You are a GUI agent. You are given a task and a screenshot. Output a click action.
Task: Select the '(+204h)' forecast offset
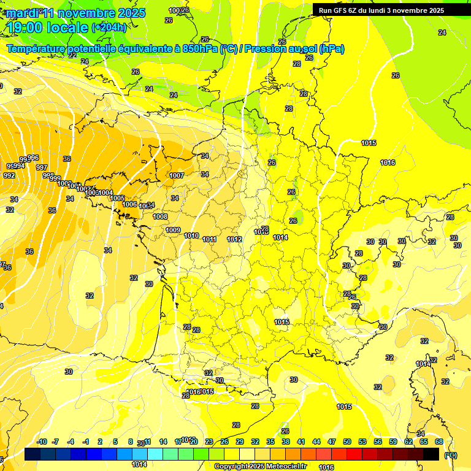[x=109, y=28]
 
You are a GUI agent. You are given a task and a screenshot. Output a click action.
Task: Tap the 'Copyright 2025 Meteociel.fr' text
[x=261, y=466]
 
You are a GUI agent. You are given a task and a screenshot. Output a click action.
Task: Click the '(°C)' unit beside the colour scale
[x=450, y=454]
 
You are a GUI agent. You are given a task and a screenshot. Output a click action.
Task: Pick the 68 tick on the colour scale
[x=439, y=442]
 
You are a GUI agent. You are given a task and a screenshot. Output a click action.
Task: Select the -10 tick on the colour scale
[x=42, y=442]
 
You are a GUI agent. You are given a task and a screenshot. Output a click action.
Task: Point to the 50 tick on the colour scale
[x=347, y=442]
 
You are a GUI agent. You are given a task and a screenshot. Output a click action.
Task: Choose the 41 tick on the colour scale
[x=301, y=442]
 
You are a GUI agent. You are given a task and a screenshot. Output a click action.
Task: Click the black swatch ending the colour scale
[x=431, y=454]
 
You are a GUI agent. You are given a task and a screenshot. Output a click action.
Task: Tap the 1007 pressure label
[x=177, y=176]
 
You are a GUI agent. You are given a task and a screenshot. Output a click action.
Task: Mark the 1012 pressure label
[x=234, y=239]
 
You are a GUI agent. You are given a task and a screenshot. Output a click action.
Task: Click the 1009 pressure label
[x=173, y=230]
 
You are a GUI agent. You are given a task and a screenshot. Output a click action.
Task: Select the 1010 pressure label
[x=191, y=235]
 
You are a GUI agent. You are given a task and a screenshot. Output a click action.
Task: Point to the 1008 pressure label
[x=160, y=216]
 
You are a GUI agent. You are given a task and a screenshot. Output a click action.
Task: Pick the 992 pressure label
[x=9, y=175]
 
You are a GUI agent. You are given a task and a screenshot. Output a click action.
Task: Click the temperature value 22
[x=72, y=55]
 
